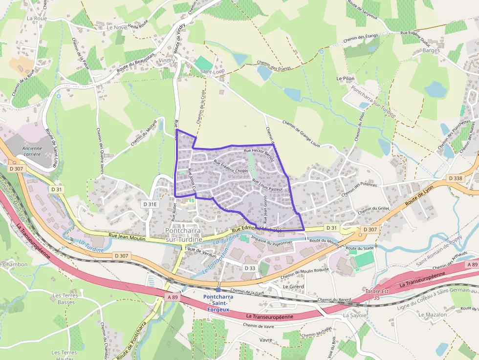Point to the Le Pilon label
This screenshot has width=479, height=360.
pos(345,78)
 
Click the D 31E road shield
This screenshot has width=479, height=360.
pos(150,204)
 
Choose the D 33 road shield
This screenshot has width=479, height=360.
pos(249,268)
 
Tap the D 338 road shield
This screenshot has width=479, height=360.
pos(455,178)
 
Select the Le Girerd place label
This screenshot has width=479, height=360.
pos(293,287)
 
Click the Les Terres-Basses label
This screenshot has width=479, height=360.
pos(64,299)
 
